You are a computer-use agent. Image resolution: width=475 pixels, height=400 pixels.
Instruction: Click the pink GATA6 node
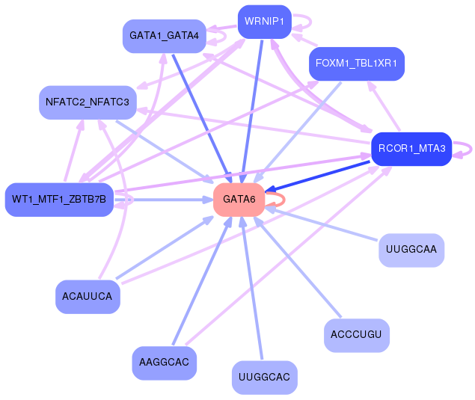239,200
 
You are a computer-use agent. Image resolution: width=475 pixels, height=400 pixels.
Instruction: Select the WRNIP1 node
263,22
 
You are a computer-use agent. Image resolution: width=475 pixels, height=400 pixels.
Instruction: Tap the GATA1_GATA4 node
164,36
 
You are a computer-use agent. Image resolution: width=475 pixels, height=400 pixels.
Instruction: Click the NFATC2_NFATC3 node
87,102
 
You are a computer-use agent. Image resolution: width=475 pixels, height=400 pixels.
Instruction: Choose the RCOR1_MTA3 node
411,148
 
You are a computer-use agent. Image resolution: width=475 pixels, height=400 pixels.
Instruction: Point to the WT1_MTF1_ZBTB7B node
58,199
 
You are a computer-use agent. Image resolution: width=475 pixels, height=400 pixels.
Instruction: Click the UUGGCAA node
411,249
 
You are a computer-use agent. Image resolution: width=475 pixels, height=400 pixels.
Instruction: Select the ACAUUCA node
87,297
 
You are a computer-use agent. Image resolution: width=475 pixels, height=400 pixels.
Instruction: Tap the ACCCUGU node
356,335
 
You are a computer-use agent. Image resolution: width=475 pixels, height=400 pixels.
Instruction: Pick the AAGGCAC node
164,363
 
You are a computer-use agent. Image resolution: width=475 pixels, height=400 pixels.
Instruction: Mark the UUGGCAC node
263,377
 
